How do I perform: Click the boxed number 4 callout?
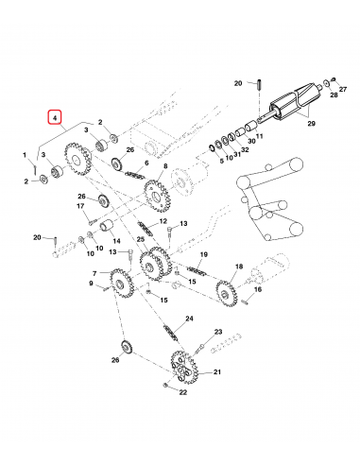click(56, 118)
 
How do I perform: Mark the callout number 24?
click(190, 321)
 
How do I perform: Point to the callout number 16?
click(256, 290)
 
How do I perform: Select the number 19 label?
click(202, 254)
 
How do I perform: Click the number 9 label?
click(92, 283)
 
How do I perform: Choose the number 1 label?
click(25, 154)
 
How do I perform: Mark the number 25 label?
click(140, 241)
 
